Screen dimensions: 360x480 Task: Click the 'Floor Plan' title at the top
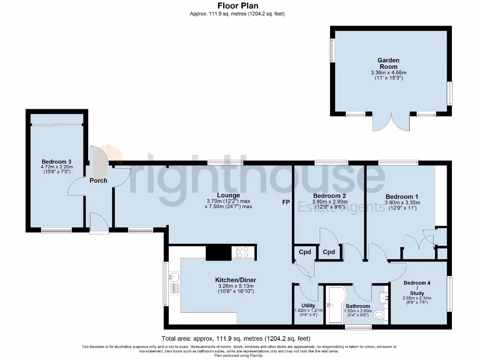pos(237,6)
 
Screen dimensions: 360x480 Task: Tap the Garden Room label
pos(388,63)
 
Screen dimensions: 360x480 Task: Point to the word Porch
pos(98,180)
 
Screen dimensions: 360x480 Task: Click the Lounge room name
pos(229,195)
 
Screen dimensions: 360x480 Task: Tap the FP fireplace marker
pos(285,202)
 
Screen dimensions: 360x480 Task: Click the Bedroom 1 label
pos(402,196)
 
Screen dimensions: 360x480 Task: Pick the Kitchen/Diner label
pos(235,280)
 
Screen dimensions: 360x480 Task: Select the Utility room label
pos(308,305)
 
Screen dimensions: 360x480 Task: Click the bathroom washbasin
pos(384,297)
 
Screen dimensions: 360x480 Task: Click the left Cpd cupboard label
pos(305,252)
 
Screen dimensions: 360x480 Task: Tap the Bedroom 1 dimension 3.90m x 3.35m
pos(402,202)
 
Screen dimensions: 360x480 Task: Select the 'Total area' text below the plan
pos(236,338)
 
